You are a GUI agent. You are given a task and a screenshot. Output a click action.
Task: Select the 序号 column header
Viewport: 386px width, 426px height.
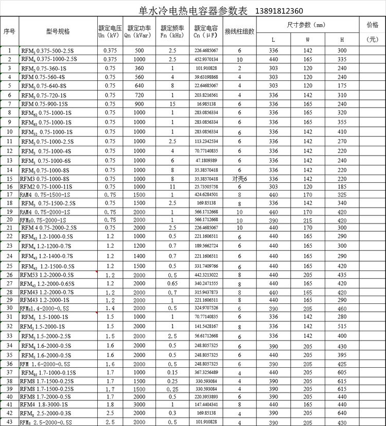click(9, 31)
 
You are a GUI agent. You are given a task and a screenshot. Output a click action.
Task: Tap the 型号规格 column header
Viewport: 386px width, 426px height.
click(58, 31)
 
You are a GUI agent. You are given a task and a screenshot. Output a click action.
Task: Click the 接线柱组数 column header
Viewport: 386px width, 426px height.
click(239, 31)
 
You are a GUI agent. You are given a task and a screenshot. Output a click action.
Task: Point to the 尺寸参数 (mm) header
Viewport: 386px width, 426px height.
click(307, 25)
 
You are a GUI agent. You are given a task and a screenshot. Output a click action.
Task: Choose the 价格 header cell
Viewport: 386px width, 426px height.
click(372, 25)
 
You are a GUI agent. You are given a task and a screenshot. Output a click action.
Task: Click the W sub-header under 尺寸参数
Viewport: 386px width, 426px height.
click(307, 39)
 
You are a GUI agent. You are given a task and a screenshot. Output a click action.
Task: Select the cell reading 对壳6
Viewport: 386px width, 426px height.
click(239, 178)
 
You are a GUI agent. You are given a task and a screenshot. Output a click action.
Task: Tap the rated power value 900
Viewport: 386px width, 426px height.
click(139, 104)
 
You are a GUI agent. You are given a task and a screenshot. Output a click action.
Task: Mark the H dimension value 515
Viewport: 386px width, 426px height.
click(342, 326)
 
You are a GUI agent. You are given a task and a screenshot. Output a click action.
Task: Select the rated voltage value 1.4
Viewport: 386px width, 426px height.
click(110, 308)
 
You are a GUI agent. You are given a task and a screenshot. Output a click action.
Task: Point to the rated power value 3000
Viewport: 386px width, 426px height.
click(139, 405)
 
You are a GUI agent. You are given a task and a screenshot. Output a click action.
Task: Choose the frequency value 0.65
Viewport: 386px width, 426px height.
click(172, 283)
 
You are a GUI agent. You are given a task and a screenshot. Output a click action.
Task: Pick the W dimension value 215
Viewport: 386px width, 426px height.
click(307, 220)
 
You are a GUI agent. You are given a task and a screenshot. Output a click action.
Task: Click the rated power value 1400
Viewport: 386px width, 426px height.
click(139, 255)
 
